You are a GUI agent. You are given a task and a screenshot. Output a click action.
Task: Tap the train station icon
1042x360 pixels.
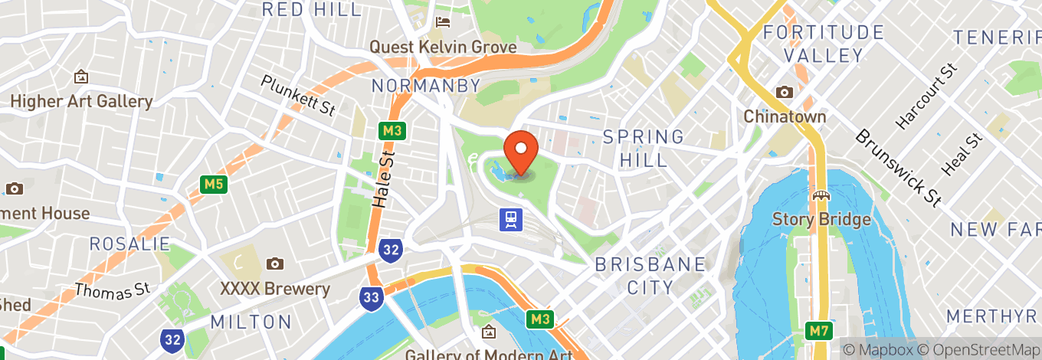click(x=511, y=221)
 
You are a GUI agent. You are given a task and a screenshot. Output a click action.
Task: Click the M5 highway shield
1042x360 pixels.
click(x=213, y=185)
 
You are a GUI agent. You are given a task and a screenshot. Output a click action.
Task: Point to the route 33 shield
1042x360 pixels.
click(x=372, y=297)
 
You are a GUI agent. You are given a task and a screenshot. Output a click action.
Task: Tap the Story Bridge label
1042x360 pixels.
click(x=821, y=221)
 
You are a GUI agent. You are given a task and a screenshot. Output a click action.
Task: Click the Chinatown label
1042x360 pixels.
click(x=785, y=117)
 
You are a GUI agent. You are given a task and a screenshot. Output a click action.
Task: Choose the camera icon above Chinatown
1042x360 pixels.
click(x=785, y=93)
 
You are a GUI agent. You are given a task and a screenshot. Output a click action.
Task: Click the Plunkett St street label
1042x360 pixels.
click(x=298, y=94)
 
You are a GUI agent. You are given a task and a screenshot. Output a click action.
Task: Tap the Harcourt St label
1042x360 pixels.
click(x=927, y=97)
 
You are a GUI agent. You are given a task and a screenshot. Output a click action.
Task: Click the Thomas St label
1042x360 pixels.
click(x=111, y=290)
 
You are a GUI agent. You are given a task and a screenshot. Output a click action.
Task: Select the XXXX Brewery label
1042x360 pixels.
click(x=274, y=290)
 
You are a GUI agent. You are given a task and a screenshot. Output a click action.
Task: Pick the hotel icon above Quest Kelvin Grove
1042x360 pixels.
click(x=443, y=22)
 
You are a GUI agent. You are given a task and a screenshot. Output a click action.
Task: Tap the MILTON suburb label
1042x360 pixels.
click(x=251, y=322)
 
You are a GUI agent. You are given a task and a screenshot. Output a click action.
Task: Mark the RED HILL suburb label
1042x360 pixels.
click(x=311, y=10)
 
